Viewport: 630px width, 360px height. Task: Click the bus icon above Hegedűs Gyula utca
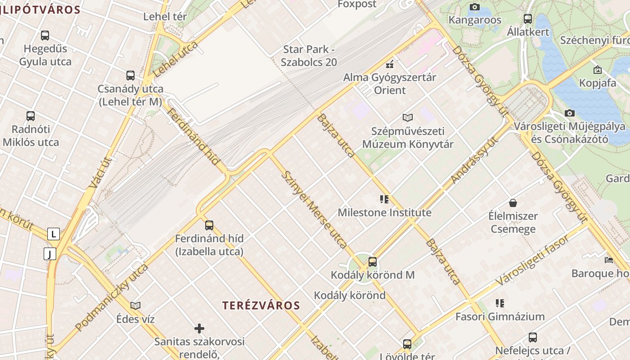[x=45, y=35]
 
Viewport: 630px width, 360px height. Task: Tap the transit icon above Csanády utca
[x=130, y=75]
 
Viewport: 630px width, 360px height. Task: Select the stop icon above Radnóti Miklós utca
[x=31, y=116]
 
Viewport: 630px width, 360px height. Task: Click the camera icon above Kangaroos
[x=474, y=7]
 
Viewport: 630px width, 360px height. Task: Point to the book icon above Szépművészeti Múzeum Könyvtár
[x=408, y=118]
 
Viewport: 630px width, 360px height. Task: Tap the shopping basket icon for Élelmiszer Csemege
[x=513, y=203]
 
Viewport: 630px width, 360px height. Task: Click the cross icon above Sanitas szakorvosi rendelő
[x=199, y=328]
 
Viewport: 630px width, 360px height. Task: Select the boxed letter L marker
[x=54, y=234]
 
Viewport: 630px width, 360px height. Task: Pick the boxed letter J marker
[x=50, y=254]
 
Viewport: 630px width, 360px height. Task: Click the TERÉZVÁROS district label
[x=261, y=306]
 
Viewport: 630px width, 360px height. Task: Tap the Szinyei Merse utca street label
[x=314, y=209]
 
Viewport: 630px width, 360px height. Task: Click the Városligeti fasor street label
[x=532, y=260]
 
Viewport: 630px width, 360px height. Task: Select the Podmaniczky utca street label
[x=112, y=297]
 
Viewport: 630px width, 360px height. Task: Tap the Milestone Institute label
[x=384, y=212]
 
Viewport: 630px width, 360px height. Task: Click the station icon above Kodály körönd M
[x=373, y=261]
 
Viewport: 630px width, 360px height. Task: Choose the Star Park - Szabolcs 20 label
[x=309, y=56]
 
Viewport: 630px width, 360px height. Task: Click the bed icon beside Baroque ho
[x=608, y=260]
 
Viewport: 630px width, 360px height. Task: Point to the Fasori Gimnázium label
[x=500, y=316]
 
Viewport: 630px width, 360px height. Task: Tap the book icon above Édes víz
[x=135, y=306]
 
